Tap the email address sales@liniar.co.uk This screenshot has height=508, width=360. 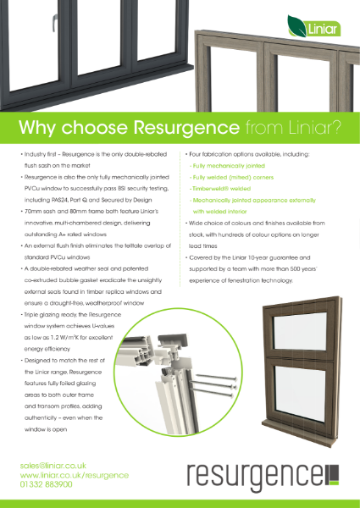tap(55, 466)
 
